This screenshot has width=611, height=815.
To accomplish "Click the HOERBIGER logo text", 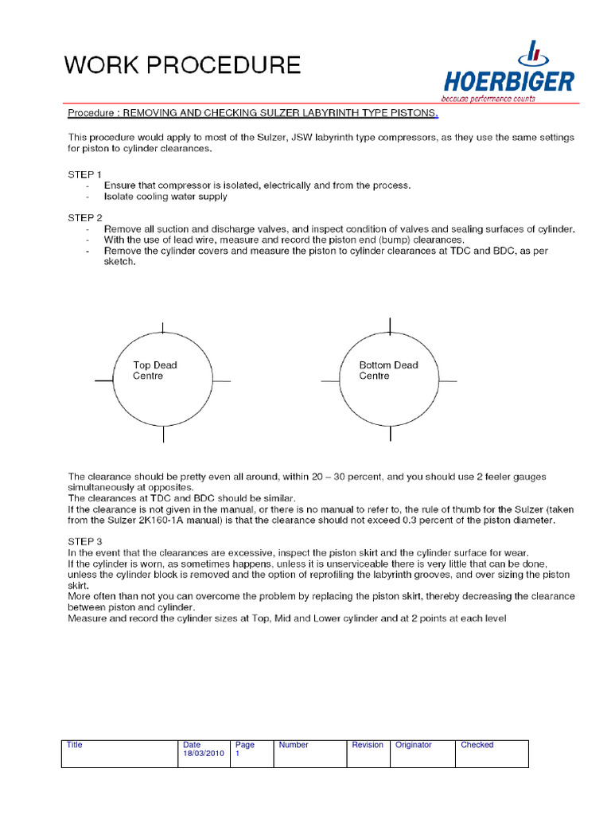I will (509, 81).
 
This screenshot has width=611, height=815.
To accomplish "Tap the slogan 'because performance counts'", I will (489, 99).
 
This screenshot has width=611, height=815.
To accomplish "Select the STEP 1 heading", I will (85, 174).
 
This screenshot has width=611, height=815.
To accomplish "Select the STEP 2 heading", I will (85, 217).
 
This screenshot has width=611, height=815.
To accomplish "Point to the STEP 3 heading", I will (85, 541).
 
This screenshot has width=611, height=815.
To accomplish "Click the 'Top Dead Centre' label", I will (154, 370).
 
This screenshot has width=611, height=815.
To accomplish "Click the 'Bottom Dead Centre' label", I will (388, 370).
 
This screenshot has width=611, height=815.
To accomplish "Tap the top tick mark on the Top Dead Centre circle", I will (163, 328).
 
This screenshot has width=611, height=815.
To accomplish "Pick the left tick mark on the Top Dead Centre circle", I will (104, 381).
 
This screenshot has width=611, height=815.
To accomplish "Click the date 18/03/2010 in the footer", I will (204, 753).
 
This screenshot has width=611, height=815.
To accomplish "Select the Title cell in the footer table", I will (75, 745).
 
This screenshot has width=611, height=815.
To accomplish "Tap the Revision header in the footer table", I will (368, 745).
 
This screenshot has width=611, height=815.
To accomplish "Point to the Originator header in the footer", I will (414, 745).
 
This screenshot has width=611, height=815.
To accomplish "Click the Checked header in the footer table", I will (477, 745).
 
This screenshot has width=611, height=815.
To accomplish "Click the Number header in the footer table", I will (294, 745).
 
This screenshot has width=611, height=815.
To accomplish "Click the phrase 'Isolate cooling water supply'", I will (165, 196).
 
